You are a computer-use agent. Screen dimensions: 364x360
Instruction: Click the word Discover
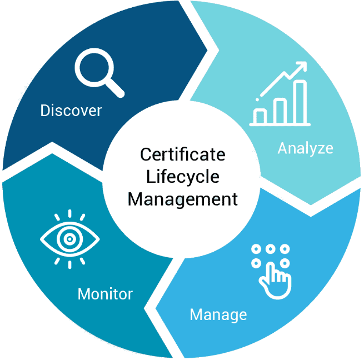point(71,111)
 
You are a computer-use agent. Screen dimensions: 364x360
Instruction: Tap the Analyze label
point(305,148)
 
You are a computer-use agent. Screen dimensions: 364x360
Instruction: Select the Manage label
point(218,315)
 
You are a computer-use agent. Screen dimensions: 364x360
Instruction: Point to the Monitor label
point(105,293)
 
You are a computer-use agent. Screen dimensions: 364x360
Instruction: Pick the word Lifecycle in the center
point(183,177)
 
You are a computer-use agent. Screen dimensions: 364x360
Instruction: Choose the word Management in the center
point(183,199)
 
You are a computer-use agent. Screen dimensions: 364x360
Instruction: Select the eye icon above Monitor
point(69,239)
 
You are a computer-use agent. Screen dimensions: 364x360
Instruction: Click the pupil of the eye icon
point(69,239)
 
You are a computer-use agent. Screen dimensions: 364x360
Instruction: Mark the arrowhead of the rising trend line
point(302,66)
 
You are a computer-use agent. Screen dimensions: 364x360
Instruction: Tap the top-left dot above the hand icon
point(256,249)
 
